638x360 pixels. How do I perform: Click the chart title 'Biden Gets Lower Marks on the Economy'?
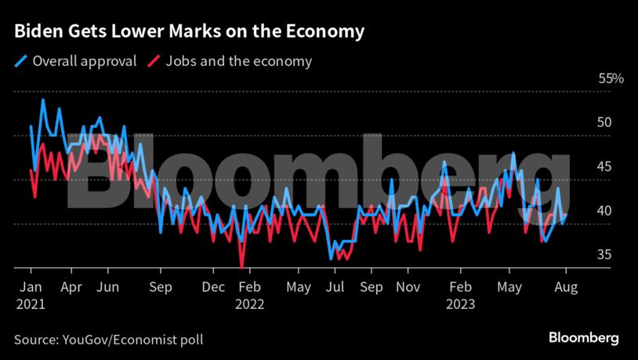click(189, 32)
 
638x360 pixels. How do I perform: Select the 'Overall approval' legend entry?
click(76, 61)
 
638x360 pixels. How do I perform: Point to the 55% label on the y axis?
click(611, 78)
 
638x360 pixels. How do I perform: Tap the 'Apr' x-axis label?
click(71, 287)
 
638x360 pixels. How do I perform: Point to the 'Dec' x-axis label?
click(212, 287)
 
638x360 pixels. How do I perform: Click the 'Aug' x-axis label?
click(565, 287)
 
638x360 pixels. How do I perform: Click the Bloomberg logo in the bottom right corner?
click(582, 338)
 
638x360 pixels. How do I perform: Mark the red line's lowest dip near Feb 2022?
click(242, 266)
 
